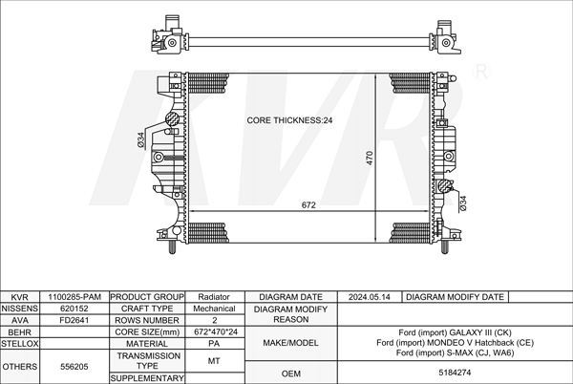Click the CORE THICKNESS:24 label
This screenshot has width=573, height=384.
[289, 120]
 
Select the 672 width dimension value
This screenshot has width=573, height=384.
[308, 205]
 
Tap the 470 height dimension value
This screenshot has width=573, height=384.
[369, 158]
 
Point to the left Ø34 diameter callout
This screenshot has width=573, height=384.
[141, 139]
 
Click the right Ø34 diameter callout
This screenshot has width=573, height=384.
[462, 203]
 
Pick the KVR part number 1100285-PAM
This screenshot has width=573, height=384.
[74, 297]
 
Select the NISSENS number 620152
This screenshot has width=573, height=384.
[74, 309]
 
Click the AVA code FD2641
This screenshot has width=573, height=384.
[74, 320]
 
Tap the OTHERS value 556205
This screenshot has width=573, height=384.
[74, 367]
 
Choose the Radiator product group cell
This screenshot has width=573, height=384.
[214, 297]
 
